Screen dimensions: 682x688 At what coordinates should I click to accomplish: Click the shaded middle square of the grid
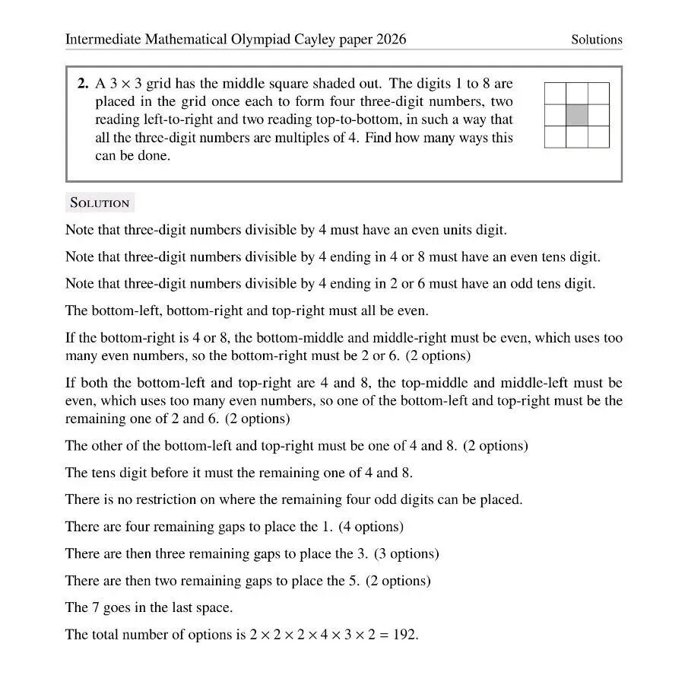pyautogui.click(x=577, y=115)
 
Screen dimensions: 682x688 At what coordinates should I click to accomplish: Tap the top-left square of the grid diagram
pyautogui.click(x=556, y=94)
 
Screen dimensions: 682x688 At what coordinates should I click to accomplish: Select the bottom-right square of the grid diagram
pyautogui.click(x=598, y=136)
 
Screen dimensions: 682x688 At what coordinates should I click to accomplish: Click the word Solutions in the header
pyautogui.click(x=597, y=40)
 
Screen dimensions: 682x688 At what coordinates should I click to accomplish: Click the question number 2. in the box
pyautogui.click(x=84, y=84)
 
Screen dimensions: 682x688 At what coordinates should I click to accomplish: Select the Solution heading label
pyautogui.click(x=100, y=202)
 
